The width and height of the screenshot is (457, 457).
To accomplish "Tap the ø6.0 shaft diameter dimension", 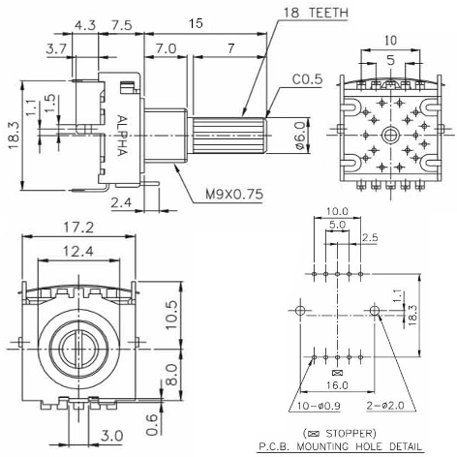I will click(x=300, y=132).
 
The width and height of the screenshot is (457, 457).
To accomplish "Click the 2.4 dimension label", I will click(x=120, y=202).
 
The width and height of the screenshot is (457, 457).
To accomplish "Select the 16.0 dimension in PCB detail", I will click(x=337, y=384).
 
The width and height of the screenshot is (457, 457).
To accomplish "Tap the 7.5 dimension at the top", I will click(x=121, y=24).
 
